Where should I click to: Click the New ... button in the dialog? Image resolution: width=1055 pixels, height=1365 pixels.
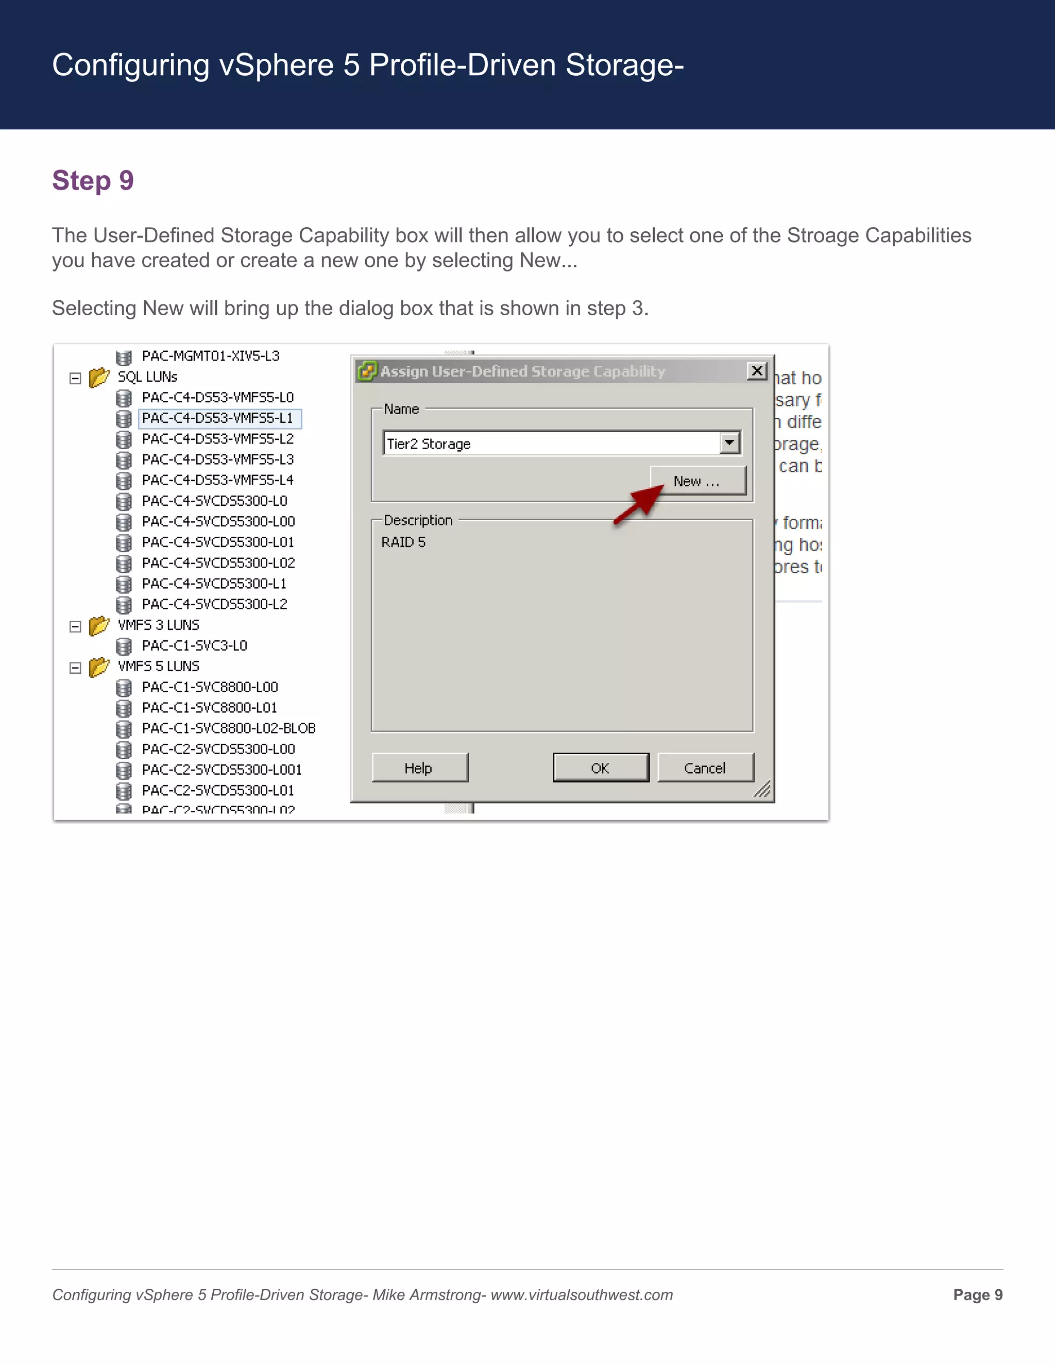coord(697,481)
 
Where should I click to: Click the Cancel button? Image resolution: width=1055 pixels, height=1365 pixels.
coord(705,768)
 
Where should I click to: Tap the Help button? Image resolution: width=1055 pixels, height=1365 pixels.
coord(419,768)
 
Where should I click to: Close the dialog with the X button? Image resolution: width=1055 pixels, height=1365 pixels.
coord(757,371)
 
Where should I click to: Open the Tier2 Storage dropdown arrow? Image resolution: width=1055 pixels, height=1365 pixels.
coord(729,443)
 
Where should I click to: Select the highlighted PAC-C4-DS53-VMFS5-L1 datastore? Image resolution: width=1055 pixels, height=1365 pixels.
coord(217,418)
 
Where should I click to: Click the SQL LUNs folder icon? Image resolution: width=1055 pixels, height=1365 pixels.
coord(99,378)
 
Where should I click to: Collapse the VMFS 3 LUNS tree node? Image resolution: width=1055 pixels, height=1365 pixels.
coord(76,626)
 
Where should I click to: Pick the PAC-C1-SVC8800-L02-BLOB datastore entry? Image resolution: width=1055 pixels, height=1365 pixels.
coord(229,728)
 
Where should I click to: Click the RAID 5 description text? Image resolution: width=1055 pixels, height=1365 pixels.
coord(404,542)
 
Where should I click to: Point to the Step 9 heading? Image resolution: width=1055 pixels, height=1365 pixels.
coord(93,181)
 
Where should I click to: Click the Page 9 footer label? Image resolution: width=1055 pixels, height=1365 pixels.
coord(978,1295)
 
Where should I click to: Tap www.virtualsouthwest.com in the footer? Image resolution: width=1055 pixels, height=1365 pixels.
coord(581,1295)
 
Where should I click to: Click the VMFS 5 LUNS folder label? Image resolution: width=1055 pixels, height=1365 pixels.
coord(159,666)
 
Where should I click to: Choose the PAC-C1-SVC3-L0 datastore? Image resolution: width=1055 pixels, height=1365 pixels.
coord(194,645)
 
